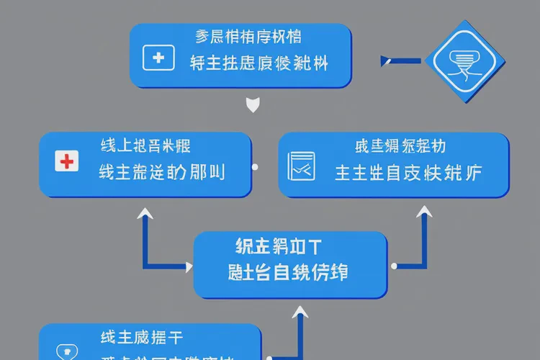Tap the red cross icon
point(66,161)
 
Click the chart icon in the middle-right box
point(301,167)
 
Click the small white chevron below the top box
point(253,107)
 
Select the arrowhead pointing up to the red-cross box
point(145,214)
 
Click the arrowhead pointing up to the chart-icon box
point(425,213)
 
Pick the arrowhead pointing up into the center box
point(300,312)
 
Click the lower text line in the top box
point(258,63)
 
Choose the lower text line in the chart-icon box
point(408,173)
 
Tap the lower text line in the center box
point(287,273)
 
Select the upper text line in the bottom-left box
point(141,336)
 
